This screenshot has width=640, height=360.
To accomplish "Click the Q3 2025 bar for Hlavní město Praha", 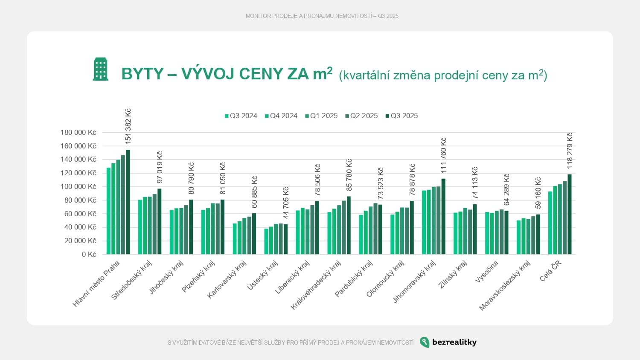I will pos(128,202).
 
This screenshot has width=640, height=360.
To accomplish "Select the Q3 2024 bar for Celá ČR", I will pos(550,223).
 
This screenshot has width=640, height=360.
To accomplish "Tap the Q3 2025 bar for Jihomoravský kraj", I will pos(443,217).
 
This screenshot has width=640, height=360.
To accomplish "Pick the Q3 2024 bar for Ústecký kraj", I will pos(266,241).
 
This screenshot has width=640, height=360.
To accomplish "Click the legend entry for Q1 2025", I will pos(321,116).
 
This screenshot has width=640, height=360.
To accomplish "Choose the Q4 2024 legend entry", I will pos(281,116).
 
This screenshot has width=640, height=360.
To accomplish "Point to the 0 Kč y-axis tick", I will pos(89,254).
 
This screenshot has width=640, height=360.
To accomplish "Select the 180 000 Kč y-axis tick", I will pos(79,132).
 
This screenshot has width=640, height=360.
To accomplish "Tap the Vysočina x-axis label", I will pos(486,272).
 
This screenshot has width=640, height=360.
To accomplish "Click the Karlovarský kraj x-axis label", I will pos(227,279).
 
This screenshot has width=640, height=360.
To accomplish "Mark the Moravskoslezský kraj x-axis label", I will pos(505,285).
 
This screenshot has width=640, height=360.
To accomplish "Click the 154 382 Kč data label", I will pos(128,126).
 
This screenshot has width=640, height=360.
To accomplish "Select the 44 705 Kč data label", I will pos(286,203).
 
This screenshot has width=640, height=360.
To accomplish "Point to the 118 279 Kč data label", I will pos(570,151).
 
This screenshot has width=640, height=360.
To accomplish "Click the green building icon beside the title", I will pos(101,69).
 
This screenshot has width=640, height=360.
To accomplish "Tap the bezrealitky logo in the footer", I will pos(448,342).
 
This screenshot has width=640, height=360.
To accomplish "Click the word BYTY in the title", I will pos(143,74).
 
